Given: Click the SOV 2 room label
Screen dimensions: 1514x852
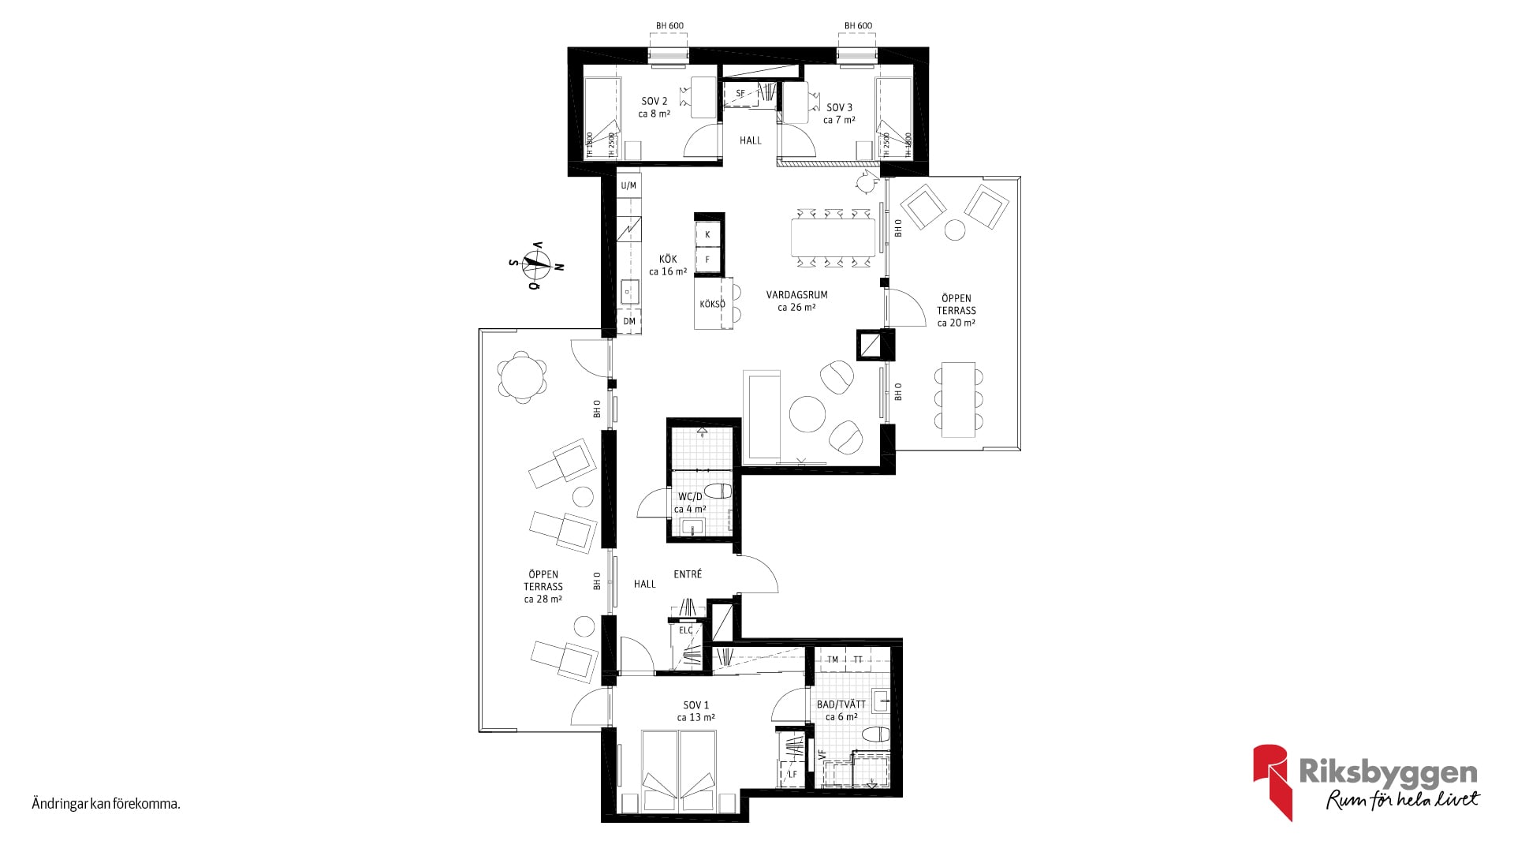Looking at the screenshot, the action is coord(654,102).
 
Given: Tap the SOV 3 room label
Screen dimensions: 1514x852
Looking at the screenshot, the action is coord(839,107).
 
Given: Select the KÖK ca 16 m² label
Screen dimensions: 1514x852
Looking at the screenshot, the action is coord(668,265).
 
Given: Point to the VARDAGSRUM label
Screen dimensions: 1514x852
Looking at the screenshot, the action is coord(796,295).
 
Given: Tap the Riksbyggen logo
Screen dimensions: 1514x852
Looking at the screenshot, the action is coord(1367,781).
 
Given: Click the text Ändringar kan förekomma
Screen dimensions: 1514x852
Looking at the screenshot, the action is coord(106,805).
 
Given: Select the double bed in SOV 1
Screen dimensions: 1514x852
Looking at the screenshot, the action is coord(680,771).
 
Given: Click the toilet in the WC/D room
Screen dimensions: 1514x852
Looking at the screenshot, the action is coord(718,491).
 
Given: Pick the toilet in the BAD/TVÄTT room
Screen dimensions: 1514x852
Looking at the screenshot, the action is coord(876,735).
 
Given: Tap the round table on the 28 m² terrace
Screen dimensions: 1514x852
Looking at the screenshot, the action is coord(522,376).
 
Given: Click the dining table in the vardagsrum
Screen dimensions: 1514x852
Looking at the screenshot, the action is coord(833,237).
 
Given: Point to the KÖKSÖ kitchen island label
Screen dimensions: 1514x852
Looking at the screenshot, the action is coord(712,304).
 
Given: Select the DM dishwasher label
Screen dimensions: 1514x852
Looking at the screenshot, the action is coord(629,322).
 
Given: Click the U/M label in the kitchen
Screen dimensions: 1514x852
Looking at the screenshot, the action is coord(628,186).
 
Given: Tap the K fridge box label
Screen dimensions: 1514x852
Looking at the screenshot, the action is coord(708,234).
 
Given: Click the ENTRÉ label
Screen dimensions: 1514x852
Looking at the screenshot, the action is coord(688,574).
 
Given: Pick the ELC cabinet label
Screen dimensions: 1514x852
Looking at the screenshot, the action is coord(686,630).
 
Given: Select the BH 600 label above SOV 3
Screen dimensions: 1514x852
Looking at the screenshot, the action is coord(858,26).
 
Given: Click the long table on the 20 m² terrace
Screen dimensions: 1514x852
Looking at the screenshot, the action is coord(958,399).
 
